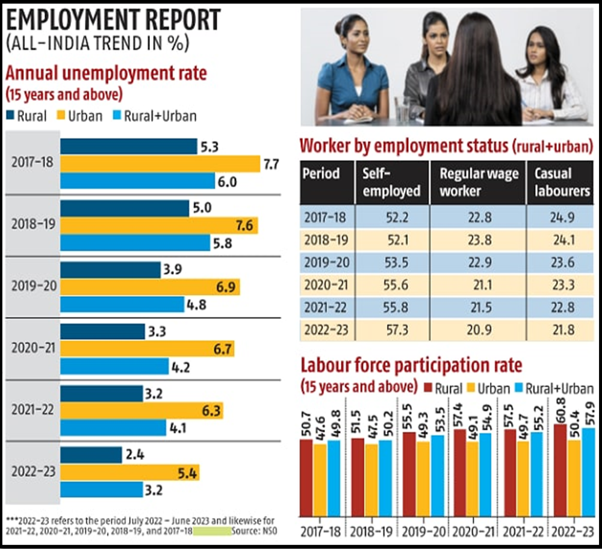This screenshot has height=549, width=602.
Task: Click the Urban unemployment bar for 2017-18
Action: [160, 164]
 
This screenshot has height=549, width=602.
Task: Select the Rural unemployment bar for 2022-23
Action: [91, 455]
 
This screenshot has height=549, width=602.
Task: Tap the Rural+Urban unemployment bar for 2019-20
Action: [122, 304]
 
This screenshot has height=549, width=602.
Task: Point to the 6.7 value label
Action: [223, 349]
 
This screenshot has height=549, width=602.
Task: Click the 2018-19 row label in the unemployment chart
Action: [33, 224]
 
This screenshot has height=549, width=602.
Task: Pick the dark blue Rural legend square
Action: [10, 115]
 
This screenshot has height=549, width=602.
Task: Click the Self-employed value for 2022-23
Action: [397, 330]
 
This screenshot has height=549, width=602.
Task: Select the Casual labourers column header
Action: [562, 182]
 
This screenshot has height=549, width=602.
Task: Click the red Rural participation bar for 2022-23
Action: [560, 470]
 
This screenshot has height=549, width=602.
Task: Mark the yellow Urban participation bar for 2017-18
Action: [320, 480]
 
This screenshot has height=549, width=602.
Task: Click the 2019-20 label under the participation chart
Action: [423, 532]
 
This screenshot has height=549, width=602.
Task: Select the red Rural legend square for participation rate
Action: [428, 388]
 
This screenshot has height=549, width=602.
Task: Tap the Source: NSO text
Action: [254, 531]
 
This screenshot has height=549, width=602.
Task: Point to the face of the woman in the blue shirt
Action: [356, 39]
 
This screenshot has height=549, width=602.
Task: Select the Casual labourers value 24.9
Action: [562, 218]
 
